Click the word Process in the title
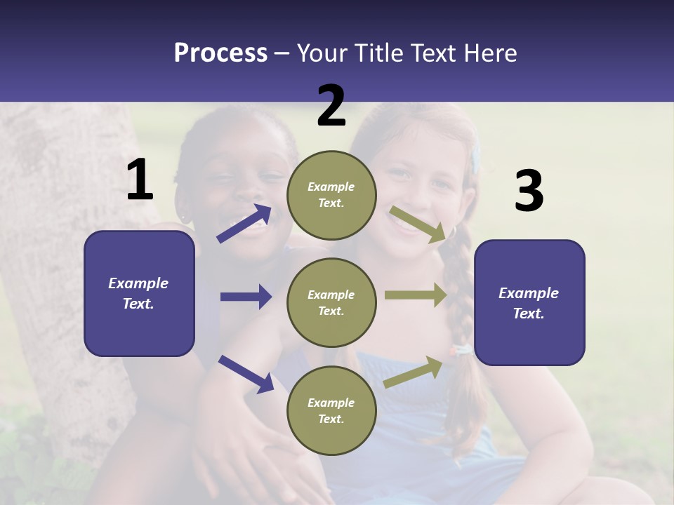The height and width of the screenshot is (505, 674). [x=220, y=53]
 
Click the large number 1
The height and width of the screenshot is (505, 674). [x=140, y=180]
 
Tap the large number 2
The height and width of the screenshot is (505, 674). [x=331, y=106]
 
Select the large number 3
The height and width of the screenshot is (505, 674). [x=529, y=191]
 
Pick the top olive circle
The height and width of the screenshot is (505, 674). [x=331, y=195]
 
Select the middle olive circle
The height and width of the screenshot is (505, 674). [x=331, y=302]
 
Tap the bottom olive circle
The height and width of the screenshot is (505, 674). [x=331, y=410]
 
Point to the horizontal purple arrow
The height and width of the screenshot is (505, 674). [x=246, y=297]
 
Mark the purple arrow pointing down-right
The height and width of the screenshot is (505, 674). [x=246, y=374]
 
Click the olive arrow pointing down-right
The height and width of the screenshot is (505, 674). [x=418, y=224]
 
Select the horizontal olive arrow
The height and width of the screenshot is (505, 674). [x=416, y=295]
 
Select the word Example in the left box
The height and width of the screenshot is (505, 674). [x=138, y=283]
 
